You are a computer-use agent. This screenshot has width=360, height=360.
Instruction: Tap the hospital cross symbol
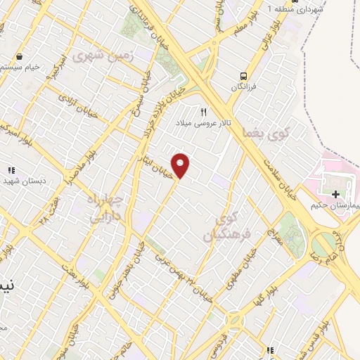point(335,194)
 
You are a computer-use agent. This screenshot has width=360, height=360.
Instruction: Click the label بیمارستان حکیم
point(335,206)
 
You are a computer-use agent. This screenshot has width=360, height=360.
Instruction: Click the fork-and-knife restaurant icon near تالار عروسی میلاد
point(204,111)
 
